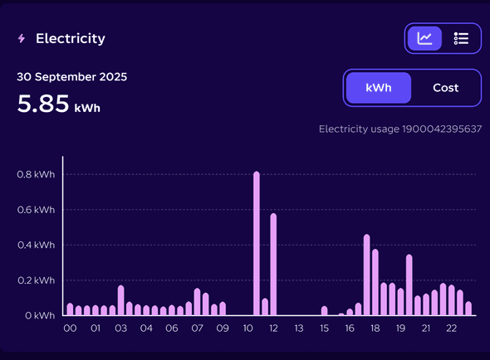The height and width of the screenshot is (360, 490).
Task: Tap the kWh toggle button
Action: pyautogui.click(x=378, y=88)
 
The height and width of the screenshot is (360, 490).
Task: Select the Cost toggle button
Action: pyautogui.click(x=446, y=88)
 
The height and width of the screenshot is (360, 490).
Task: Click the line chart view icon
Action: pyautogui.click(x=424, y=38)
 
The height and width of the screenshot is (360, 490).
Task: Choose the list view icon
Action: pyautogui.click(x=462, y=38)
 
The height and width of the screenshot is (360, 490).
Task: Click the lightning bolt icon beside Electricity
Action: pyautogui.click(x=22, y=39)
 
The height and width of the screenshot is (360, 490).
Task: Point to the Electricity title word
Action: pyautogui.click(x=71, y=39)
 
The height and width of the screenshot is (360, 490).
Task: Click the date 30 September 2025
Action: pyautogui.click(x=72, y=77)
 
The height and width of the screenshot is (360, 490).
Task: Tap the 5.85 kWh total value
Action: pyautogui.click(x=58, y=105)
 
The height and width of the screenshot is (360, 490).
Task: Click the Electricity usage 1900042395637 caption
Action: pyautogui.click(x=400, y=129)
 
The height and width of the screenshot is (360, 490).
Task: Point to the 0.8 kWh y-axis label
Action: pyautogui.click(x=36, y=175)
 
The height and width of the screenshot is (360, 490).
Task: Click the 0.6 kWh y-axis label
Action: pyautogui.click(x=36, y=210)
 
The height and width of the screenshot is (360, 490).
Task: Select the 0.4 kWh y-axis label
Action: pyautogui.click(x=36, y=246)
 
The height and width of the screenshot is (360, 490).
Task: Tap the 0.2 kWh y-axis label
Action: pyautogui.click(x=36, y=280)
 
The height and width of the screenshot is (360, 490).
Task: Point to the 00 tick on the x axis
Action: pyautogui.click(x=71, y=329)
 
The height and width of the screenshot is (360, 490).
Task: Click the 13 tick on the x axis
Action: pyautogui.click(x=299, y=329)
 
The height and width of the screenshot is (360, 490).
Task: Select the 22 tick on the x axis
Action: pyautogui.click(x=452, y=329)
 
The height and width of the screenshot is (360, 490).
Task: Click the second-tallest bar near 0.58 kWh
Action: pyautogui.click(x=273, y=264)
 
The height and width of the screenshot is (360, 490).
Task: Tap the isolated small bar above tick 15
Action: pyautogui.click(x=324, y=311)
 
